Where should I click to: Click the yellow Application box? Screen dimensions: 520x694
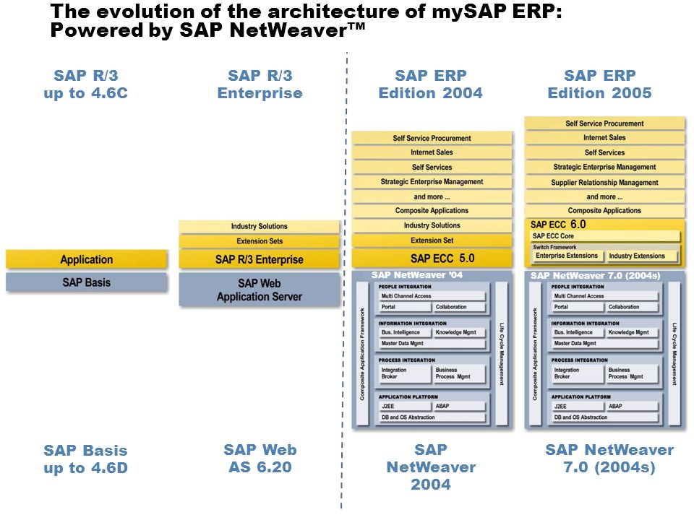point(87,259)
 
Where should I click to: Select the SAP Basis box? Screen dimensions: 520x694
point(87,282)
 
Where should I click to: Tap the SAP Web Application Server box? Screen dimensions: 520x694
point(260,290)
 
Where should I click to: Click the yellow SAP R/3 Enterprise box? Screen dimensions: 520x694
point(260,259)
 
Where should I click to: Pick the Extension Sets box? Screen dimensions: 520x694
point(260,241)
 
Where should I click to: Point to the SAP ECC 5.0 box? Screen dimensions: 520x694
point(432,258)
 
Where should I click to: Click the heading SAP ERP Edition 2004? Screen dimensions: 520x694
point(431,84)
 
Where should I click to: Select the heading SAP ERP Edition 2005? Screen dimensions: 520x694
point(600,84)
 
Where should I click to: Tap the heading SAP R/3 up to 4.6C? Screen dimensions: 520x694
point(85,84)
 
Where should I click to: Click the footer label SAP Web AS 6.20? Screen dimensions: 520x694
point(260,459)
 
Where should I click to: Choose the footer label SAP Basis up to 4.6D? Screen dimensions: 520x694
point(85,459)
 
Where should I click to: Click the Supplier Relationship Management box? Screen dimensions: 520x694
point(604,183)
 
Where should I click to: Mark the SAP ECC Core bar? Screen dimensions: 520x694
point(605,236)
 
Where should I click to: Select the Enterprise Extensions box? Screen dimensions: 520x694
point(567,256)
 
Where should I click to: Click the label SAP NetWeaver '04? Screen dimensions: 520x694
point(416,275)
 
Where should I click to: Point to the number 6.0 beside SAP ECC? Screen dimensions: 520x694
point(578,225)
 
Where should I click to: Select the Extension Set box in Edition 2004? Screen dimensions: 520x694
point(432,240)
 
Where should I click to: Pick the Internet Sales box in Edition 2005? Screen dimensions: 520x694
point(604,138)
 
